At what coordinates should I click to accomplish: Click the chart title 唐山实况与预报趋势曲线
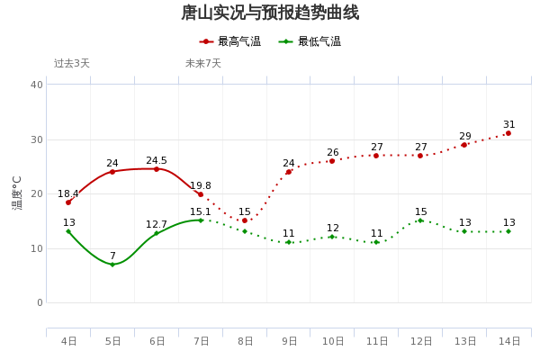point(270,13)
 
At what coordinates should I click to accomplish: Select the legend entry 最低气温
point(310,41)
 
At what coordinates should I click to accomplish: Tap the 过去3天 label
point(72,64)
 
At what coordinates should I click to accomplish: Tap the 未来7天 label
point(203,64)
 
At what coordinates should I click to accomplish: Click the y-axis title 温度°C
point(17,193)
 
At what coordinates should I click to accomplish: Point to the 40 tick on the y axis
point(37,85)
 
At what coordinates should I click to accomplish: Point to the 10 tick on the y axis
point(37,248)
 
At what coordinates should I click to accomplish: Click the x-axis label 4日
point(68,341)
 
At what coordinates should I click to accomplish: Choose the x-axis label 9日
point(289,341)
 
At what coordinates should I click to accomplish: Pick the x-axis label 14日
point(509,341)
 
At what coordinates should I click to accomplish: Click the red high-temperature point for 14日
point(508,133)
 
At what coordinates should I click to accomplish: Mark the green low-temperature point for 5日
point(112,265)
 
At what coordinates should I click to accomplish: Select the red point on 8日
point(245,220)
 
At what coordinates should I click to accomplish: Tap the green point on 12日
point(420,220)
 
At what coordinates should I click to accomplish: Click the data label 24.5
point(157,161)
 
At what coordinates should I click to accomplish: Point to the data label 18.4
point(68,194)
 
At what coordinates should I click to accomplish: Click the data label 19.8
point(201,186)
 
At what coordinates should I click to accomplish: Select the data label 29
point(465,137)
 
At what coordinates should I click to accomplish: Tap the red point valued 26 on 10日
point(332,161)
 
